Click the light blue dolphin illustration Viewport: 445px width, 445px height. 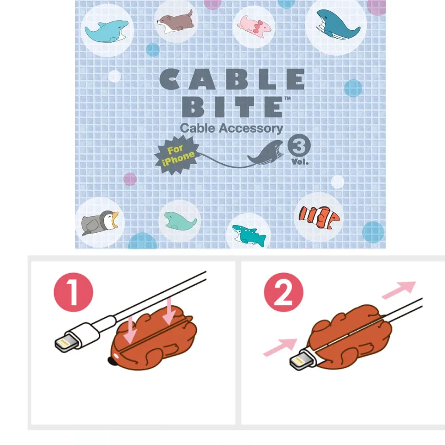[106, 32]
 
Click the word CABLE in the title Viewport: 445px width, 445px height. [231, 81]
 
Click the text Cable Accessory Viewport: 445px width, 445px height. [231, 129]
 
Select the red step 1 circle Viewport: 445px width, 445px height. [73, 292]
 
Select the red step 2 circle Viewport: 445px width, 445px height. [283, 292]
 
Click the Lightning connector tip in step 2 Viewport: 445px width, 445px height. [298, 362]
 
